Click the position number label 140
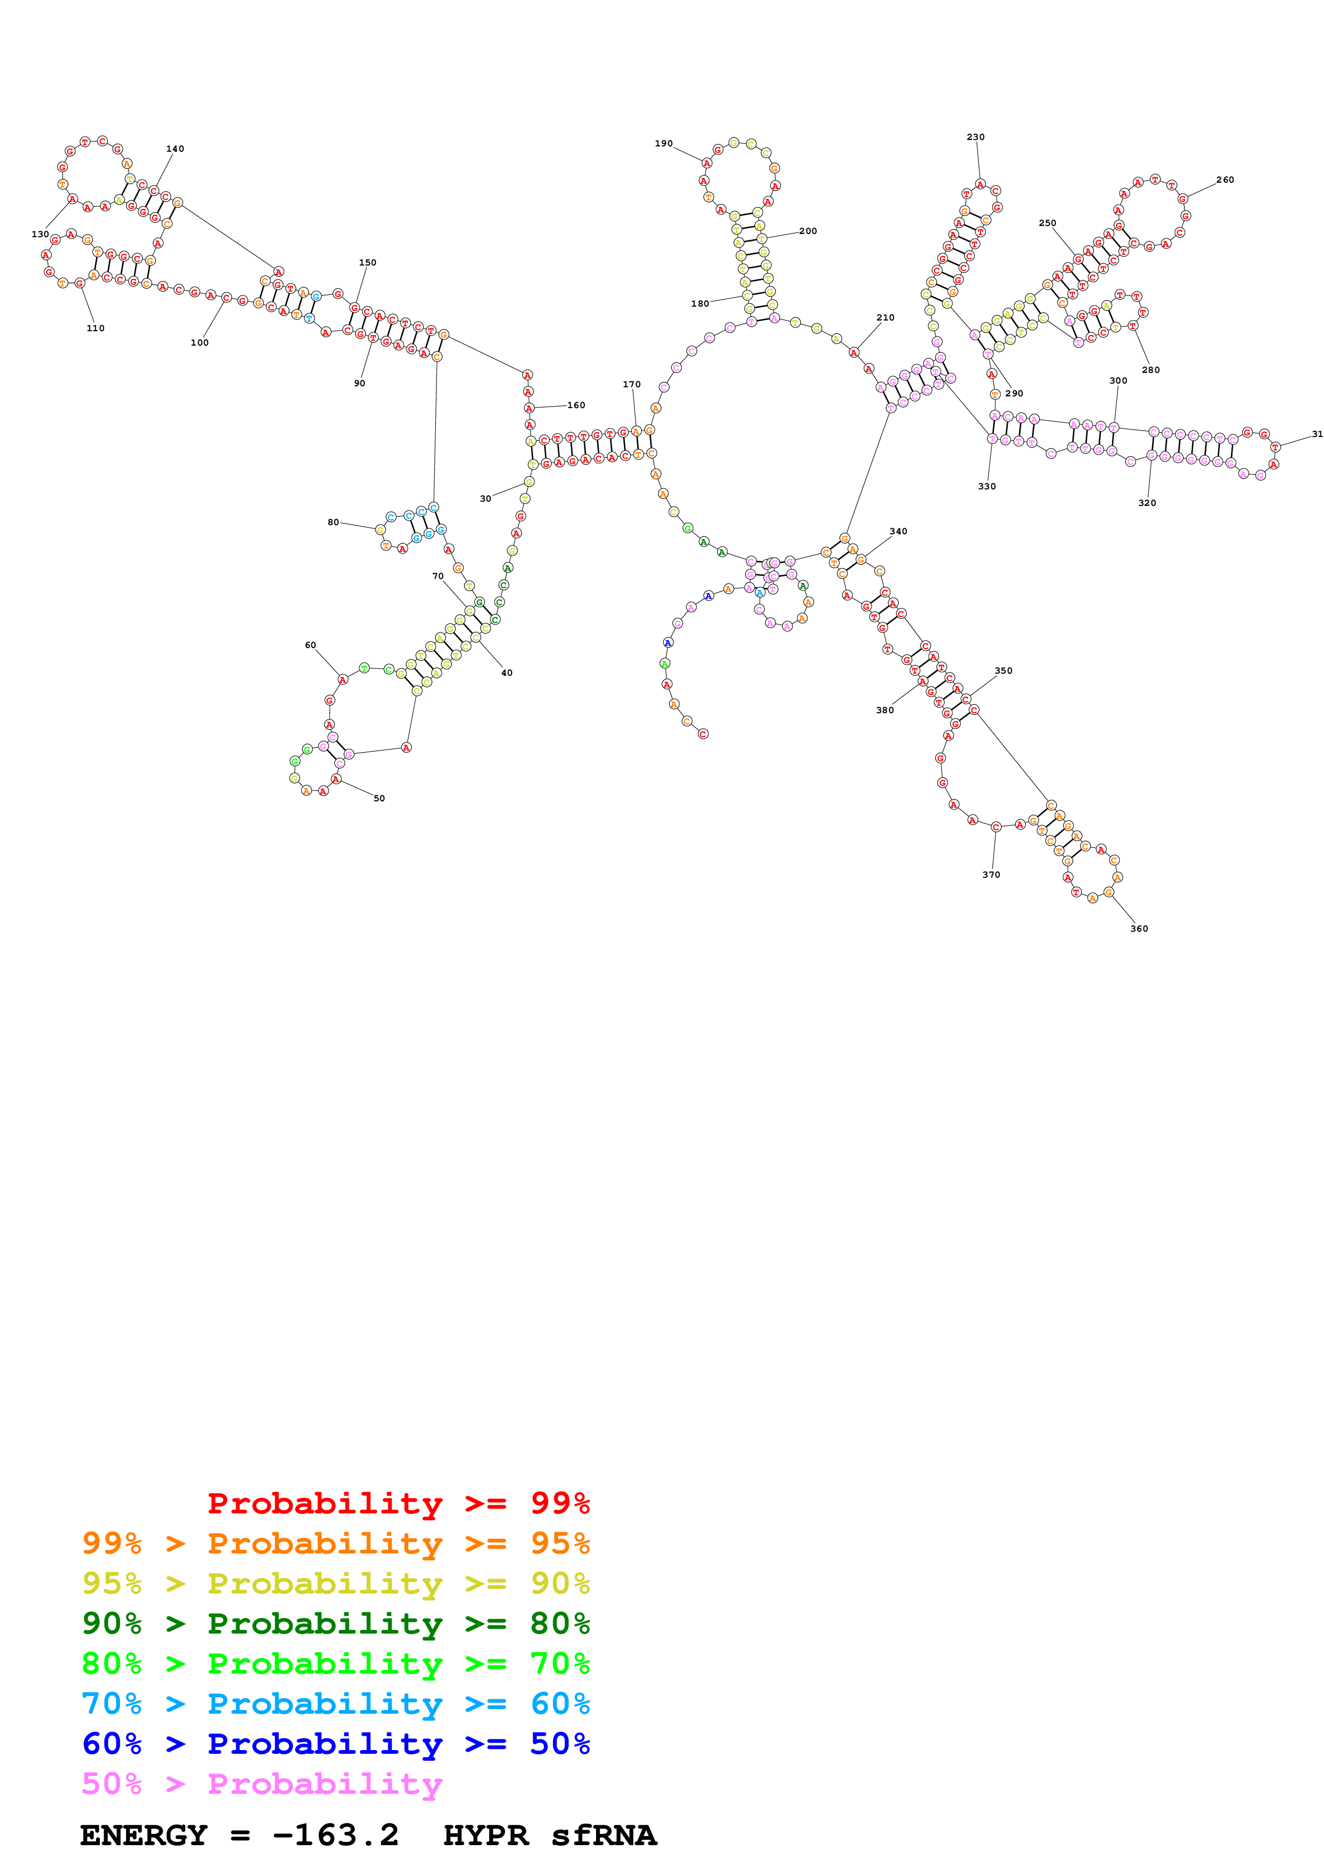click(175, 150)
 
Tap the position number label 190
click(663, 144)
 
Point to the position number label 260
click(1225, 179)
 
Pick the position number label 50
click(379, 798)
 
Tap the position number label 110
click(96, 328)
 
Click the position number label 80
click(333, 522)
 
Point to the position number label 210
click(885, 317)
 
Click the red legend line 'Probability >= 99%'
click(398, 1503)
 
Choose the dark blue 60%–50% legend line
click(335, 1744)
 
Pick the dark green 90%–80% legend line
click(335, 1623)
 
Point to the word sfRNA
click(603, 1835)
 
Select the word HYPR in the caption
click(485, 1835)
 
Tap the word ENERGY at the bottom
click(144, 1835)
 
